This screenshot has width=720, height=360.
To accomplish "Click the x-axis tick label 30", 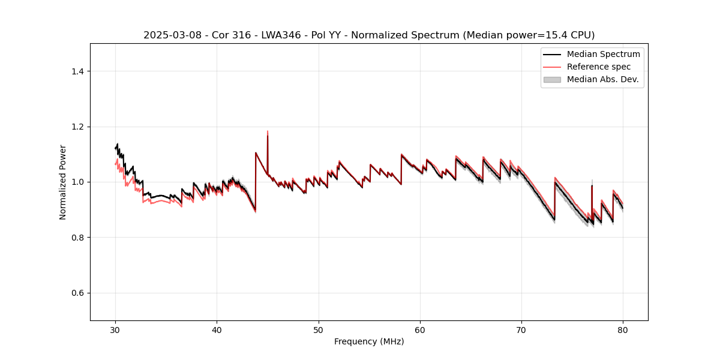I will [x=115, y=330].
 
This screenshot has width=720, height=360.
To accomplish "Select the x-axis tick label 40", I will [x=217, y=330].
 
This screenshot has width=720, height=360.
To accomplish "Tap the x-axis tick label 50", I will [x=318, y=330].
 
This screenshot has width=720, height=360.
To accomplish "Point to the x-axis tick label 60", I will [x=420, y=330].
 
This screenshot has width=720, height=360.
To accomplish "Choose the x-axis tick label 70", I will [x=521, y=330].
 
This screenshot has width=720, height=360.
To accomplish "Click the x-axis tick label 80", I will [x=623, y=330].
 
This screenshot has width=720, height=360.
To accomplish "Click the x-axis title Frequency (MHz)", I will [x=369, y=341].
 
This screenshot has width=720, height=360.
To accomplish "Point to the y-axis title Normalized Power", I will [x=63, y=182].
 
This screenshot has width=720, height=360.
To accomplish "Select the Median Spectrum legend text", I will [x=603, y=54].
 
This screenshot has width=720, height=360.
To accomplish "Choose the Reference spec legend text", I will [x=599, y=67].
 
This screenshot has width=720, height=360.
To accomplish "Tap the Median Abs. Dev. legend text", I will [x=603, y=79].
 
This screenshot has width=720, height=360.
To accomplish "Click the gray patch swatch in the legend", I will [x=552, y=79].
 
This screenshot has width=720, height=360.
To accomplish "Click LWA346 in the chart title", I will [x=282, y=35].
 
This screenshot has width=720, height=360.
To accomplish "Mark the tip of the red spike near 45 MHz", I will [x=268, y=131].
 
